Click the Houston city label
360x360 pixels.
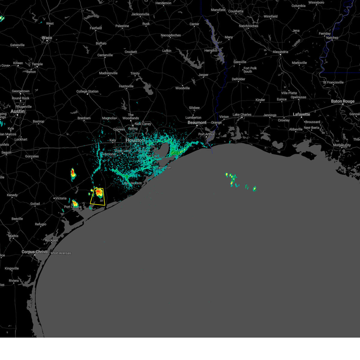pos(135,140)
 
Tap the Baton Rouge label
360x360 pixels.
pos(343,101)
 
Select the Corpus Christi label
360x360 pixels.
pos(34,252)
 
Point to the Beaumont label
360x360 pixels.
pos(197,122)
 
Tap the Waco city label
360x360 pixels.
pos(47,38)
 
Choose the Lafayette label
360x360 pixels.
pos(301,114)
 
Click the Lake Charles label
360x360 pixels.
pos(242,115)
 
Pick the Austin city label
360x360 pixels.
pos(17,111)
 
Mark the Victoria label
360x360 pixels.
pos(61,198)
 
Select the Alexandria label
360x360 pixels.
pos(280,52)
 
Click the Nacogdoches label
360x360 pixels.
pos(171,35)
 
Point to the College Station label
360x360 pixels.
pos(87,91)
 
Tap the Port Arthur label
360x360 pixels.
pos(206,134)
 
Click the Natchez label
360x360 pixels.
pos(332,38)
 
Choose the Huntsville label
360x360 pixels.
pos(126,86)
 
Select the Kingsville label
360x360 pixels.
pos(12,268)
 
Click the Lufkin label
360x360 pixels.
pos(167,51)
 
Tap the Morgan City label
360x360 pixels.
pos(342,145)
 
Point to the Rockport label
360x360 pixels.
pos(52,240)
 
